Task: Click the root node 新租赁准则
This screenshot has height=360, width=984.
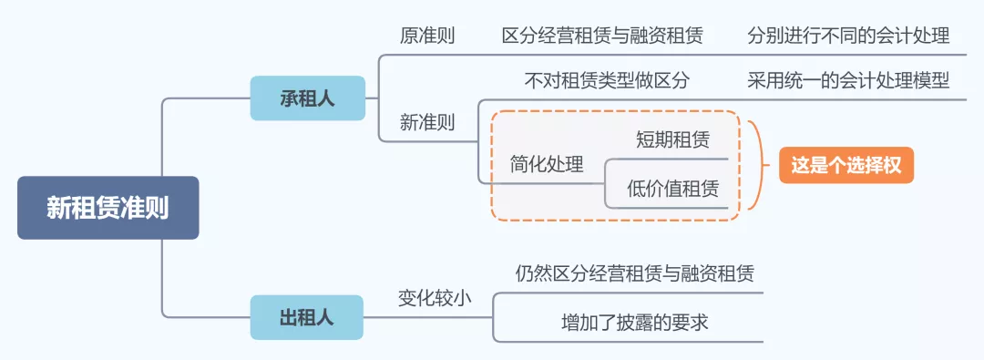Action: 108,208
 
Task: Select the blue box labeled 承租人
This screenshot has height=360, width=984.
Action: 307,98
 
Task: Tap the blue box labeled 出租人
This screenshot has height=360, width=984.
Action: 306,317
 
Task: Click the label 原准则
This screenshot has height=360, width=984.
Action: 427,36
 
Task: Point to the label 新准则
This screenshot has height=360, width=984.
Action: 427,122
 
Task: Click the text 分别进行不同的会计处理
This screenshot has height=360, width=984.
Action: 847,36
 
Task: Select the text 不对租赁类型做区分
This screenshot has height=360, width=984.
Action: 607,80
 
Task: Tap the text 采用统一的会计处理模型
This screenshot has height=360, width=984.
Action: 847,80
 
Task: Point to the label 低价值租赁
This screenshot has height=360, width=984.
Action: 672,189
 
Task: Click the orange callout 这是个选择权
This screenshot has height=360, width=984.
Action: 846,165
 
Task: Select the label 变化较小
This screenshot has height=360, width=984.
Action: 435,297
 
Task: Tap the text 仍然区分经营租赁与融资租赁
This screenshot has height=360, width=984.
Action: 634,273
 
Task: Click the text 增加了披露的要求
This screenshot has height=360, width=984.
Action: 634,322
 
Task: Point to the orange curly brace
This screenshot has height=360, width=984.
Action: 755,165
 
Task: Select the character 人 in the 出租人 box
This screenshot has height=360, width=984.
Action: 325,317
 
